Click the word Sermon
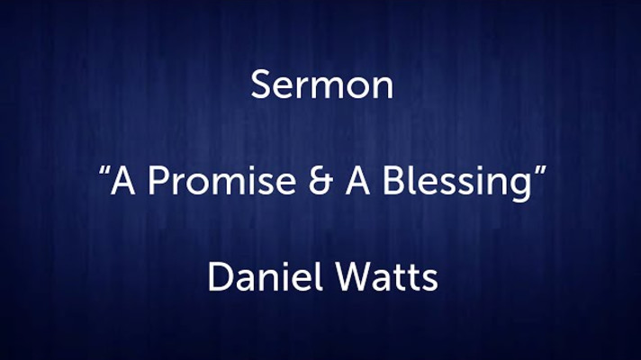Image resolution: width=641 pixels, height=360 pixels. (x=322, y=85)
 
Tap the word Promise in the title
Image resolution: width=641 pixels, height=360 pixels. (x=222, y=180)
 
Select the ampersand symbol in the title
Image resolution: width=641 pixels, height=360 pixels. (x=320, y=181)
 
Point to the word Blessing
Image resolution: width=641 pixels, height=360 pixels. (x=456, y=184)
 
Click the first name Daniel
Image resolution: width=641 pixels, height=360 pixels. (x=262, y=275)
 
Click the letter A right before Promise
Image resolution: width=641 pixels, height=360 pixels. (x=123, y=181)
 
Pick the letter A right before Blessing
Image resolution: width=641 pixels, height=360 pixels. (x=358, y=181)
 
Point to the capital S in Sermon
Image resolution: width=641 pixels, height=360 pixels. (x=261, y=85)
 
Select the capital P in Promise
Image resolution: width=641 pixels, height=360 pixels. (x=158, y=181)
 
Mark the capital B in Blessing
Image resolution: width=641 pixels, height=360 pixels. (x=393, y=181)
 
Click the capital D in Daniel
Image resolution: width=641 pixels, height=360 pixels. (x=221, y=277)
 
